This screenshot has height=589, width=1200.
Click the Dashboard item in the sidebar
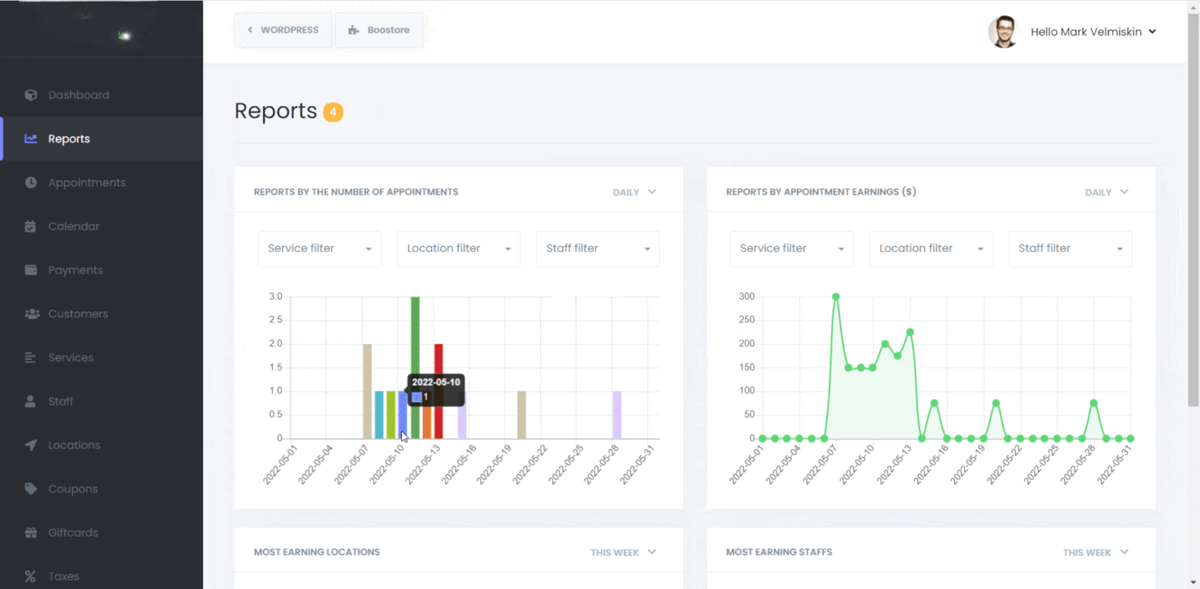pos(78,95)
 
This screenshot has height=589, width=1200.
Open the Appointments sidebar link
pos(87,183)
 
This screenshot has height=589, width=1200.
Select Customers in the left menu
pos(78,314)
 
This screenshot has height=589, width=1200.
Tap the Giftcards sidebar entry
pos(73,532)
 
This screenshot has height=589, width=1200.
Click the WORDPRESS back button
pos(283,30)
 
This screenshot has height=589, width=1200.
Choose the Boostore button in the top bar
pos(379,30)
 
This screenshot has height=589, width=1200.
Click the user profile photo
pos(1003,32)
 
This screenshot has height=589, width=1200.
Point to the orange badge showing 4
pos(333,111)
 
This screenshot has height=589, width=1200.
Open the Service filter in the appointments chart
pos(320,249)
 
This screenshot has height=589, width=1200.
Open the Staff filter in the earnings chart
pos(1070,249)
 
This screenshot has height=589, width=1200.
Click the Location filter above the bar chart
pos(459,249)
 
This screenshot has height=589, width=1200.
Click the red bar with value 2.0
pos(438,391)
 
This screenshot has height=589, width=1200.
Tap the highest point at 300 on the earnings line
pos(836,297)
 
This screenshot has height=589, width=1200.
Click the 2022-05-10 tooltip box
pos(435,389)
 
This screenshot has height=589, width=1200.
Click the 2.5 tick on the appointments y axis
pos(275,320)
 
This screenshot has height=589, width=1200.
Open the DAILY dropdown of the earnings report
pos(1107,192)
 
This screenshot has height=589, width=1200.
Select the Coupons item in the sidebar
pos(73,489)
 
